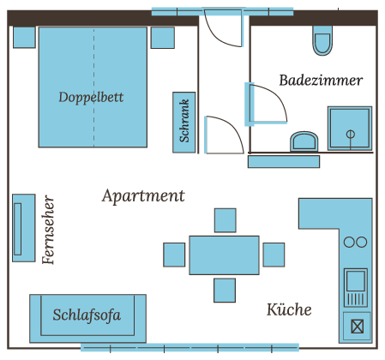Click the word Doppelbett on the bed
(x=91, y=98)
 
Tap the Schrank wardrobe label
(x=184, y=121)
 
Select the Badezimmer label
(x=321, y=81)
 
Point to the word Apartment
(x=143, y=196)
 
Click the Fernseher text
(x=48, y=230)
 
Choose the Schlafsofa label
(x=87, y=315)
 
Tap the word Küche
(x=289, y=309)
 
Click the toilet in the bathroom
(x=322, y=40)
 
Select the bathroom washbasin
(x=304, y=141)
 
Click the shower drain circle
(x=351, y=134)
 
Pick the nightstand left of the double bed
(x=24, y=38)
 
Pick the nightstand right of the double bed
(x=163, y=38)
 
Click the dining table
(x=224, y=255)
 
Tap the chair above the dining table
(x=226, y=220)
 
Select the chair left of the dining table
(x=174, y=255)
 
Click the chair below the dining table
(x=225, y=291)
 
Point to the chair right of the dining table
(x=274, y=255)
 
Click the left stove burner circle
(x=349, y=242)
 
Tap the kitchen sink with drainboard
(x=356, y=287)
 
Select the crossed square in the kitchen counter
(x=358, y=327)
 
